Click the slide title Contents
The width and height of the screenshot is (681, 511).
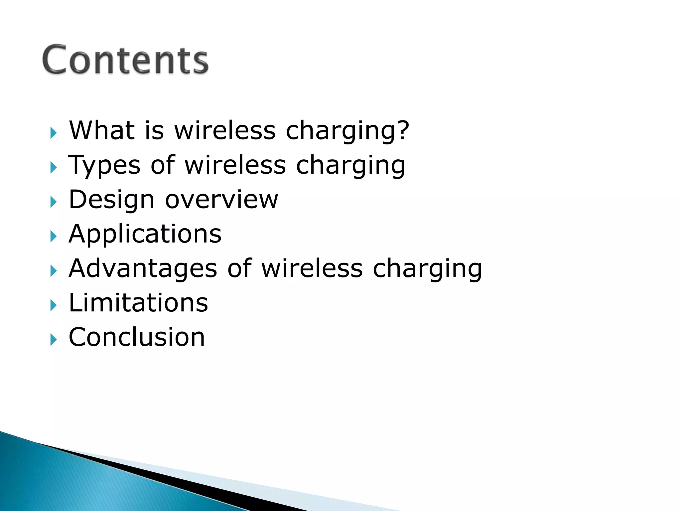coord(125,60)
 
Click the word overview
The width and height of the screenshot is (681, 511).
coord(221,200)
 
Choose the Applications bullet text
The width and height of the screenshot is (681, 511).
coord(145,234)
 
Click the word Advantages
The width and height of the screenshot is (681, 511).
coord(143,268)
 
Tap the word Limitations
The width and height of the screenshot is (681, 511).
coord(138,303)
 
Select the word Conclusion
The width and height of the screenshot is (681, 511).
coord(137,337)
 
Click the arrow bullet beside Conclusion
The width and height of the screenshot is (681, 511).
coord(54,340)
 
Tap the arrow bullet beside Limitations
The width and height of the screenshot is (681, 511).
coord(54,305)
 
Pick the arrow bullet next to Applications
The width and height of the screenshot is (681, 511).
coord(54,237)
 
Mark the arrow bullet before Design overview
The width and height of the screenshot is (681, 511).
coord(54,202)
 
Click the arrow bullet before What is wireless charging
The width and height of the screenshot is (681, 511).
coord(54,133)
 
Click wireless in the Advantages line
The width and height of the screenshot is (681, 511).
coord(312,268)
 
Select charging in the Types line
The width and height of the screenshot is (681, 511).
coord(350,165)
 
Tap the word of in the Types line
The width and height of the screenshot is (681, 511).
coord(163,165)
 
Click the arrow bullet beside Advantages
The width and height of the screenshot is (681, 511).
coord(54,271)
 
